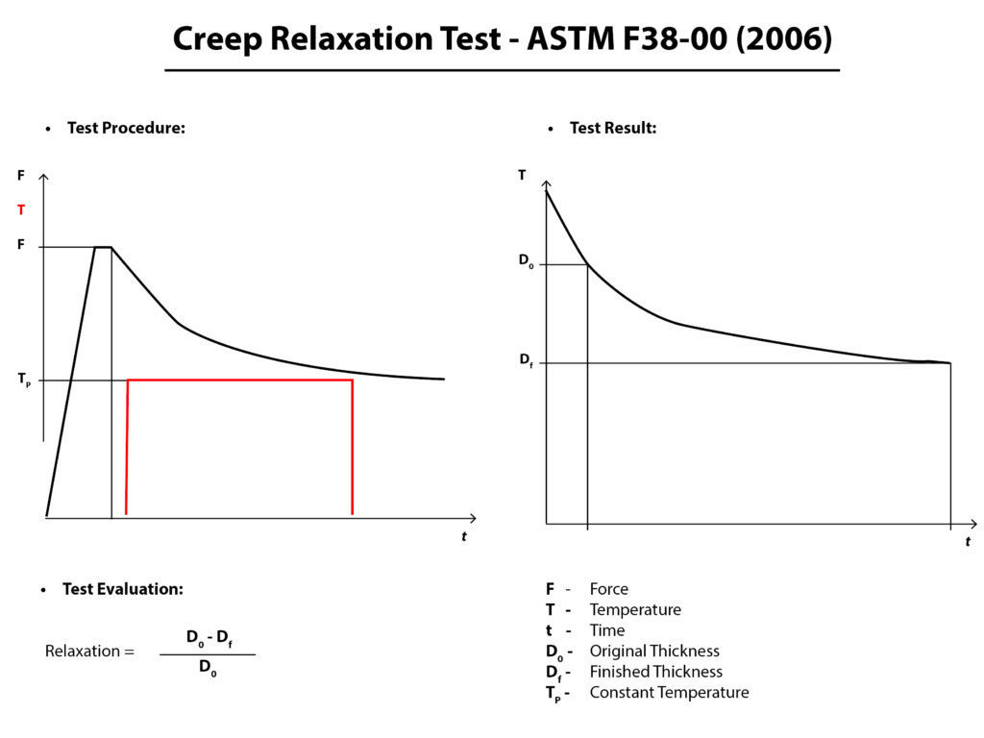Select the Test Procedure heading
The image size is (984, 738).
126,128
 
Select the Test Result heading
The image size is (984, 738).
613,128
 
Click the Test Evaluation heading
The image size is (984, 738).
122,589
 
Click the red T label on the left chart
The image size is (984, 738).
21,209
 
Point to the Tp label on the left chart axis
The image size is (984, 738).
24,380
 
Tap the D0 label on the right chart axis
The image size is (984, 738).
526,263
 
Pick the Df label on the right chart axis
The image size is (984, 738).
526,360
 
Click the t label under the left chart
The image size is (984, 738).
464,536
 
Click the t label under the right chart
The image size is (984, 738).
968,542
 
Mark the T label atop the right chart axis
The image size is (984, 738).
522,175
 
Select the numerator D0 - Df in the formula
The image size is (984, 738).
209,637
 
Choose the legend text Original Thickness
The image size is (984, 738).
654,652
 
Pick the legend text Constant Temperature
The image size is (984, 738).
669,692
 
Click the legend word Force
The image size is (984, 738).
609,589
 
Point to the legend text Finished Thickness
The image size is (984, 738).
656,672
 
